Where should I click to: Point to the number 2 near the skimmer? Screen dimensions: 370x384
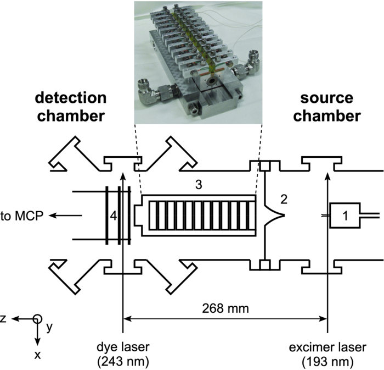click(283, 200)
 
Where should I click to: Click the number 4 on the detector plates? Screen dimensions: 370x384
click(113, 217)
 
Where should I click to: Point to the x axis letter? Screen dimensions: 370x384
click(37, 355)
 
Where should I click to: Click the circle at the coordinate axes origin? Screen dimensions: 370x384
click(37, 319)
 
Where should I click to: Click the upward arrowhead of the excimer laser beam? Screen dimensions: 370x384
click(327, 176)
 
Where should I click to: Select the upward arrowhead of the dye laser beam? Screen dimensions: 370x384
click(122, 176)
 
